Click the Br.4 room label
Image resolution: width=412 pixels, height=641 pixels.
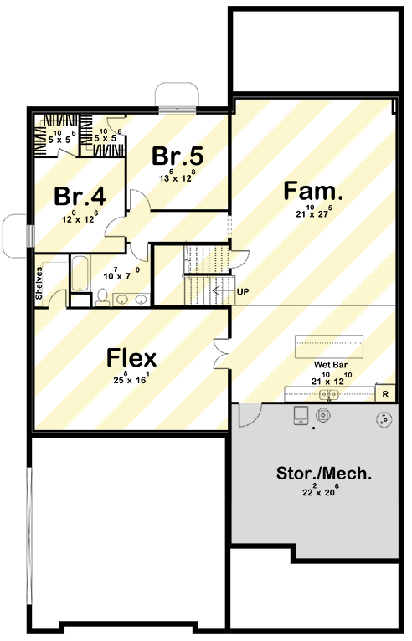(80, 197)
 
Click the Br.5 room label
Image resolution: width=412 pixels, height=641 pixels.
(178, 156)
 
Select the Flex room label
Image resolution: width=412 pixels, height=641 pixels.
(131, 358)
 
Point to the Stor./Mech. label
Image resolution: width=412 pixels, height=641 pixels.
(324, 474)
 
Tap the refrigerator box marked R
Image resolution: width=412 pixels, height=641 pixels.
(385, 392)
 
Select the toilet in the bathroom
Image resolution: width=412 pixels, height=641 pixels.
(101, 296)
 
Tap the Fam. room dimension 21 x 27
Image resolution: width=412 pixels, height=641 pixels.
(308, 213)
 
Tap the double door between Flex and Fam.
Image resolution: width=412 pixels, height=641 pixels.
(222, 352)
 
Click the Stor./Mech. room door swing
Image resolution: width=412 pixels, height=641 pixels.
(250, 413)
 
